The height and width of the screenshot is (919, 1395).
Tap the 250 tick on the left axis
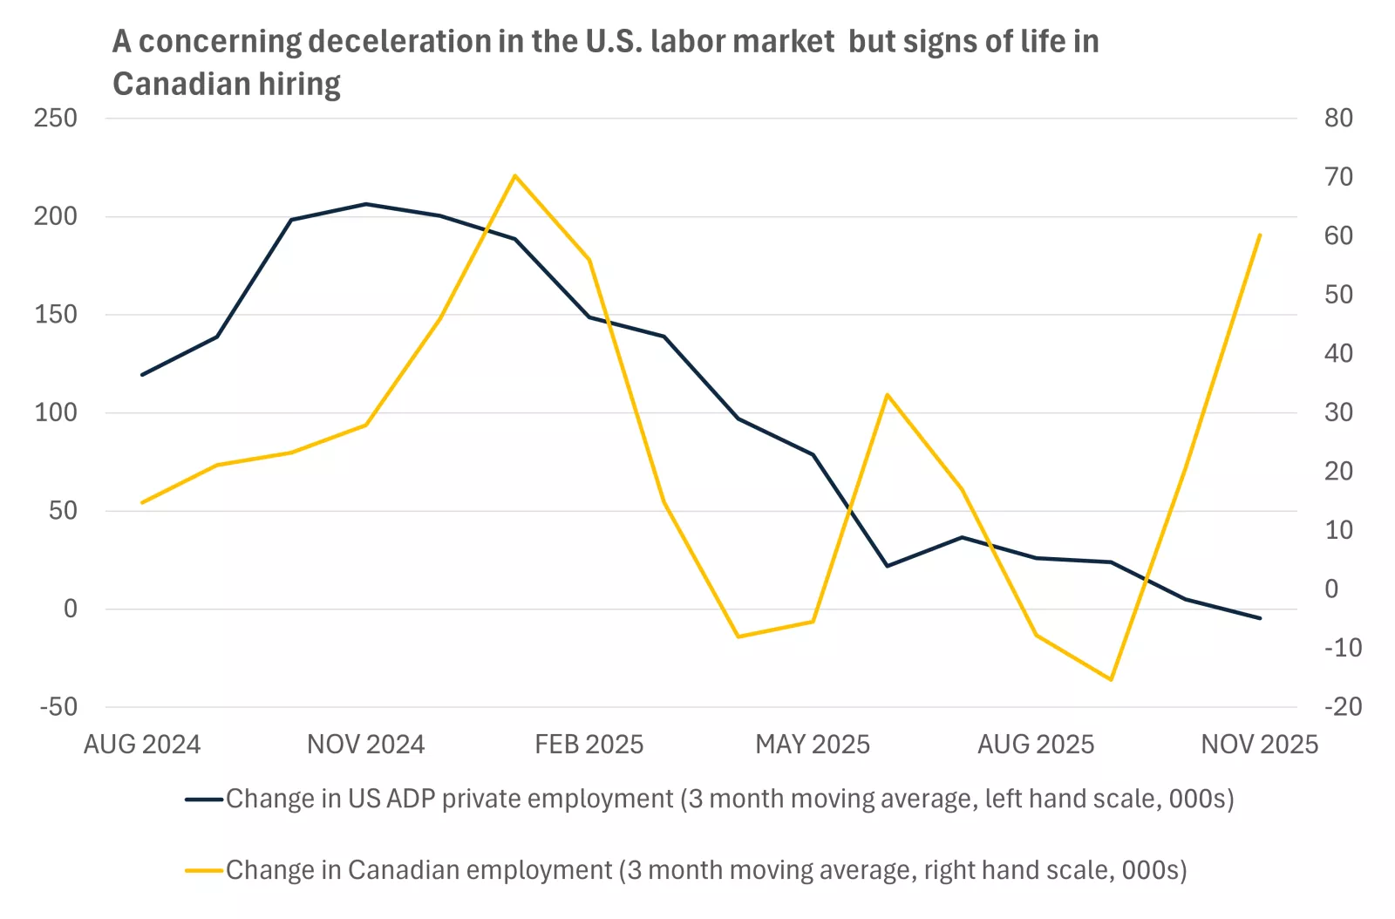(56, 118)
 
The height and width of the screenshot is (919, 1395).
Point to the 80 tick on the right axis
(1338, 118)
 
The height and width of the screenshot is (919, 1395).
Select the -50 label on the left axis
(58, 706)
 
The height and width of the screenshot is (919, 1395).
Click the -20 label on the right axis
(1342, 706)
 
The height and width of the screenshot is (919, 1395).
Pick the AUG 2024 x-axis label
(142, 744)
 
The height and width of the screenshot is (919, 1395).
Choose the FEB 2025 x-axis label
(589, 744)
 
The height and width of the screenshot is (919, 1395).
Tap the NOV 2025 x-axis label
(1259, 744)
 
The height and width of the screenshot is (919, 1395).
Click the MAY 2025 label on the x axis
(813, 744)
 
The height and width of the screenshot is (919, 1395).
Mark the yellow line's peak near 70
(515, 175)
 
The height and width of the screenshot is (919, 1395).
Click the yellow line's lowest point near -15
(1111, 679)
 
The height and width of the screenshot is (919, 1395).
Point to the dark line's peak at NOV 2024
(366, 204)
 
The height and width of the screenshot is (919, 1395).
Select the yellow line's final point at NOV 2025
(1260, 235)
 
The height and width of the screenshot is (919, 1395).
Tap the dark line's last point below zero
(1260, 618)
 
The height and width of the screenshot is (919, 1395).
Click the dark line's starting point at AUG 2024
(142, 375)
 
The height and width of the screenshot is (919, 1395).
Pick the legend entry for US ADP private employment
(729, 799)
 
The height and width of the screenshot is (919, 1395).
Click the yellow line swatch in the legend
(204, 870)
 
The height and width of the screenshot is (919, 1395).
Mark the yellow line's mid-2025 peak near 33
(888, 395)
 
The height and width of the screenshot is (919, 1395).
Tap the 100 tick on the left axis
(56, 412)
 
